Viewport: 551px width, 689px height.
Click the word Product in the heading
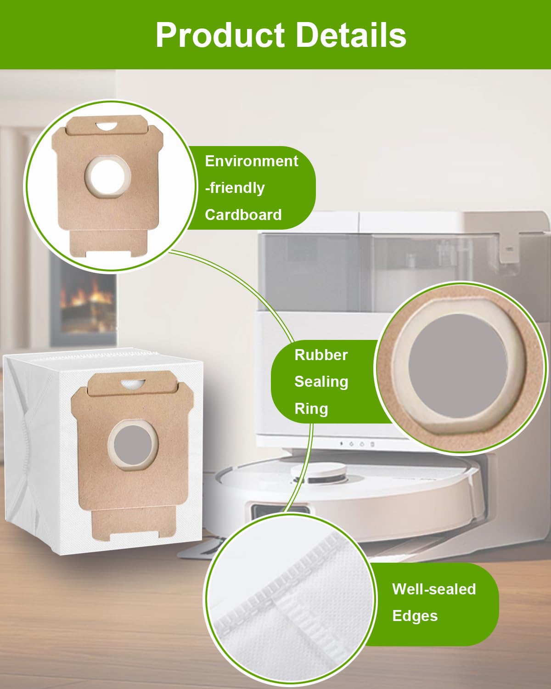coord(220,35)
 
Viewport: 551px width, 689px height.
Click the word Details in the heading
coord(351,35)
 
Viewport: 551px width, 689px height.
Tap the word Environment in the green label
coord(251,161)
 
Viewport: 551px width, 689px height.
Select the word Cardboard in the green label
coord(243,215)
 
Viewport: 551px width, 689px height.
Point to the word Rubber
coord(321,355)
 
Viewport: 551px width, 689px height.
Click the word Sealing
coord(321,382)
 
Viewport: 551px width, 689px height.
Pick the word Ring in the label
coord(311,409)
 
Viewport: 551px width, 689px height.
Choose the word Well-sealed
coord(434,589)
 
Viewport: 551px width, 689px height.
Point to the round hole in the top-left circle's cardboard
coord(107,176)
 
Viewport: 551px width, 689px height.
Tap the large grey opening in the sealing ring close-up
coord(457,362)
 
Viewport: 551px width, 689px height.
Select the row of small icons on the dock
coord(357,444)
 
